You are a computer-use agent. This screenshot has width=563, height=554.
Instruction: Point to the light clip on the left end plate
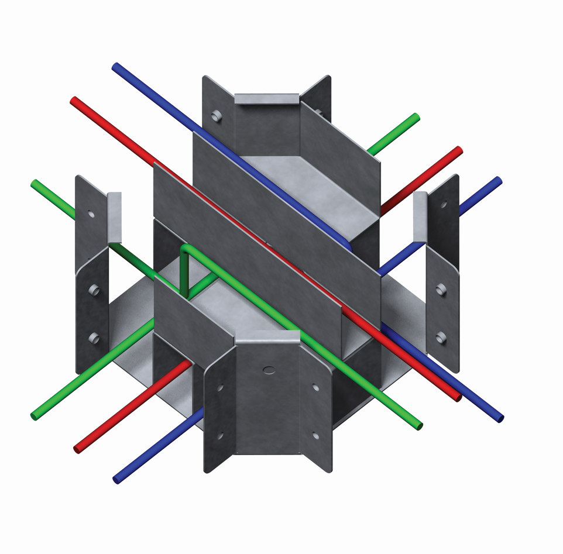(x=115, y=217)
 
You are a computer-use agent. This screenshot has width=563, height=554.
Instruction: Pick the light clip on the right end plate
(x=420, y=216)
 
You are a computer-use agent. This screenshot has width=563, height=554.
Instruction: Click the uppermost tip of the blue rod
(x=116, y=67)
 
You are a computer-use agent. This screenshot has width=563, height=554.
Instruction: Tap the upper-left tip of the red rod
(x=74, y=101)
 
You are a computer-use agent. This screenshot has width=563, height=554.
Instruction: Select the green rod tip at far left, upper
(x=35, y=183)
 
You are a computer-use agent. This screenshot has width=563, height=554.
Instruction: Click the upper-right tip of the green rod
(x=416, y=117)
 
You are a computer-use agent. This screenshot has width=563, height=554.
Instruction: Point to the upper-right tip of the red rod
(x=459, y=150)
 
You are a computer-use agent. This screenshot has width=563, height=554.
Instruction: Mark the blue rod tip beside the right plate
(x=498, y=180)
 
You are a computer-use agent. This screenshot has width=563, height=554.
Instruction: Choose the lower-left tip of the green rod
(x=35, y=416)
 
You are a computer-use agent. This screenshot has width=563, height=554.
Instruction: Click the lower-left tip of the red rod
(x=77, y=449)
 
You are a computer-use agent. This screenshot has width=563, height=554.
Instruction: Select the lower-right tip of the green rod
(x=418, y=426)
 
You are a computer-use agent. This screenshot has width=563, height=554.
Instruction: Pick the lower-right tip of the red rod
(x=458, y=398)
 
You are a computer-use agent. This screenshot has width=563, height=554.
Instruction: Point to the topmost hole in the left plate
(x=91, y=214)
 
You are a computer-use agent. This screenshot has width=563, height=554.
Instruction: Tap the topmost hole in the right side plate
(x=444, y=205)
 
